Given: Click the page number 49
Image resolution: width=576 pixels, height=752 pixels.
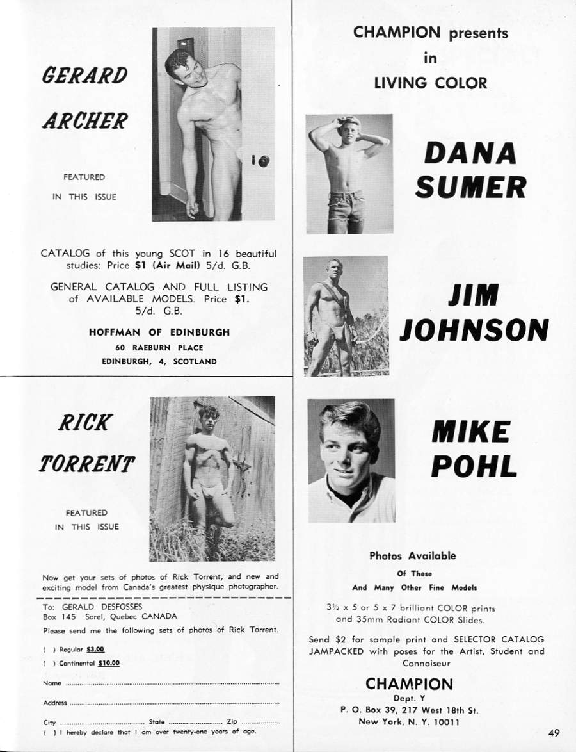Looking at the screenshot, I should pos(554,733).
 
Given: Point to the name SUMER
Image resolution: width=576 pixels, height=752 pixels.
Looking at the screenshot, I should pos(470,186).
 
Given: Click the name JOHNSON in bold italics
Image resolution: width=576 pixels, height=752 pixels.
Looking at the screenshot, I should pos(474,331).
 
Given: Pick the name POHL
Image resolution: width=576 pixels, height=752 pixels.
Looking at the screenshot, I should pos(474,466).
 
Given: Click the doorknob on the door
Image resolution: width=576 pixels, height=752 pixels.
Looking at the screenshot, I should pos(264,161).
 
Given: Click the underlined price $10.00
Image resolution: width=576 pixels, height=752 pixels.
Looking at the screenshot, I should pos(109,663).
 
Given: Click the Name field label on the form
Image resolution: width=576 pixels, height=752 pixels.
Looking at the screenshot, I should pos(52,683).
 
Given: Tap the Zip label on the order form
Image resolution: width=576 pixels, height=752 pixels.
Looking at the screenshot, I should pos(232,721).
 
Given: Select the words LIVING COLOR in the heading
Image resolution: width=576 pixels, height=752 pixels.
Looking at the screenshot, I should pos(430,83).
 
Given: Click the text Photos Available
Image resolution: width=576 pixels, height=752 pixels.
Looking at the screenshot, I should pos(413,556).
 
